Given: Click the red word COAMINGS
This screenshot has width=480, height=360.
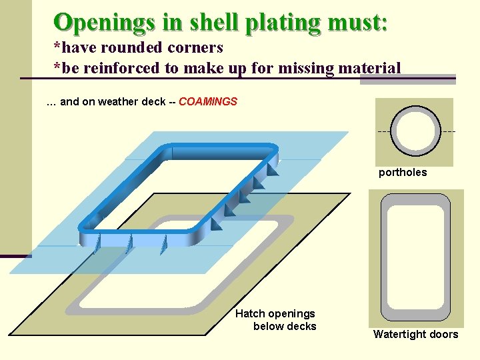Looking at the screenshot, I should (x=208, y=102).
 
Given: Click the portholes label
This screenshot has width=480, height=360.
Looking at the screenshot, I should (x=403, y=173).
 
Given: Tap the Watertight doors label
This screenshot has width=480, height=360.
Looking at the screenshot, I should (x=415, y=335).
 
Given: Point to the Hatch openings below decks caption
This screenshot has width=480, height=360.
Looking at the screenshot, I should (x=275, y=320).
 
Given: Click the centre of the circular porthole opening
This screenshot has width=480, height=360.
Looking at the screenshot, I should (x=415, y=131).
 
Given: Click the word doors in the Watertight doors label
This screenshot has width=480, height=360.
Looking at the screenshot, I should (x=443, y=335).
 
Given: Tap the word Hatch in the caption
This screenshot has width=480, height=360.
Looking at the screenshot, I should (x=250, y=313).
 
